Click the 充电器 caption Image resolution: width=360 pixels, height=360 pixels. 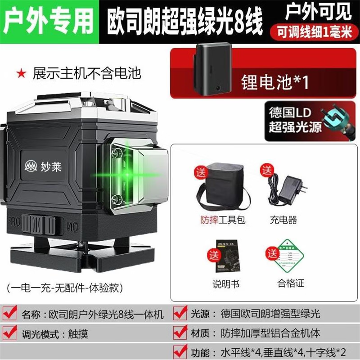(x=283, y=220)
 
